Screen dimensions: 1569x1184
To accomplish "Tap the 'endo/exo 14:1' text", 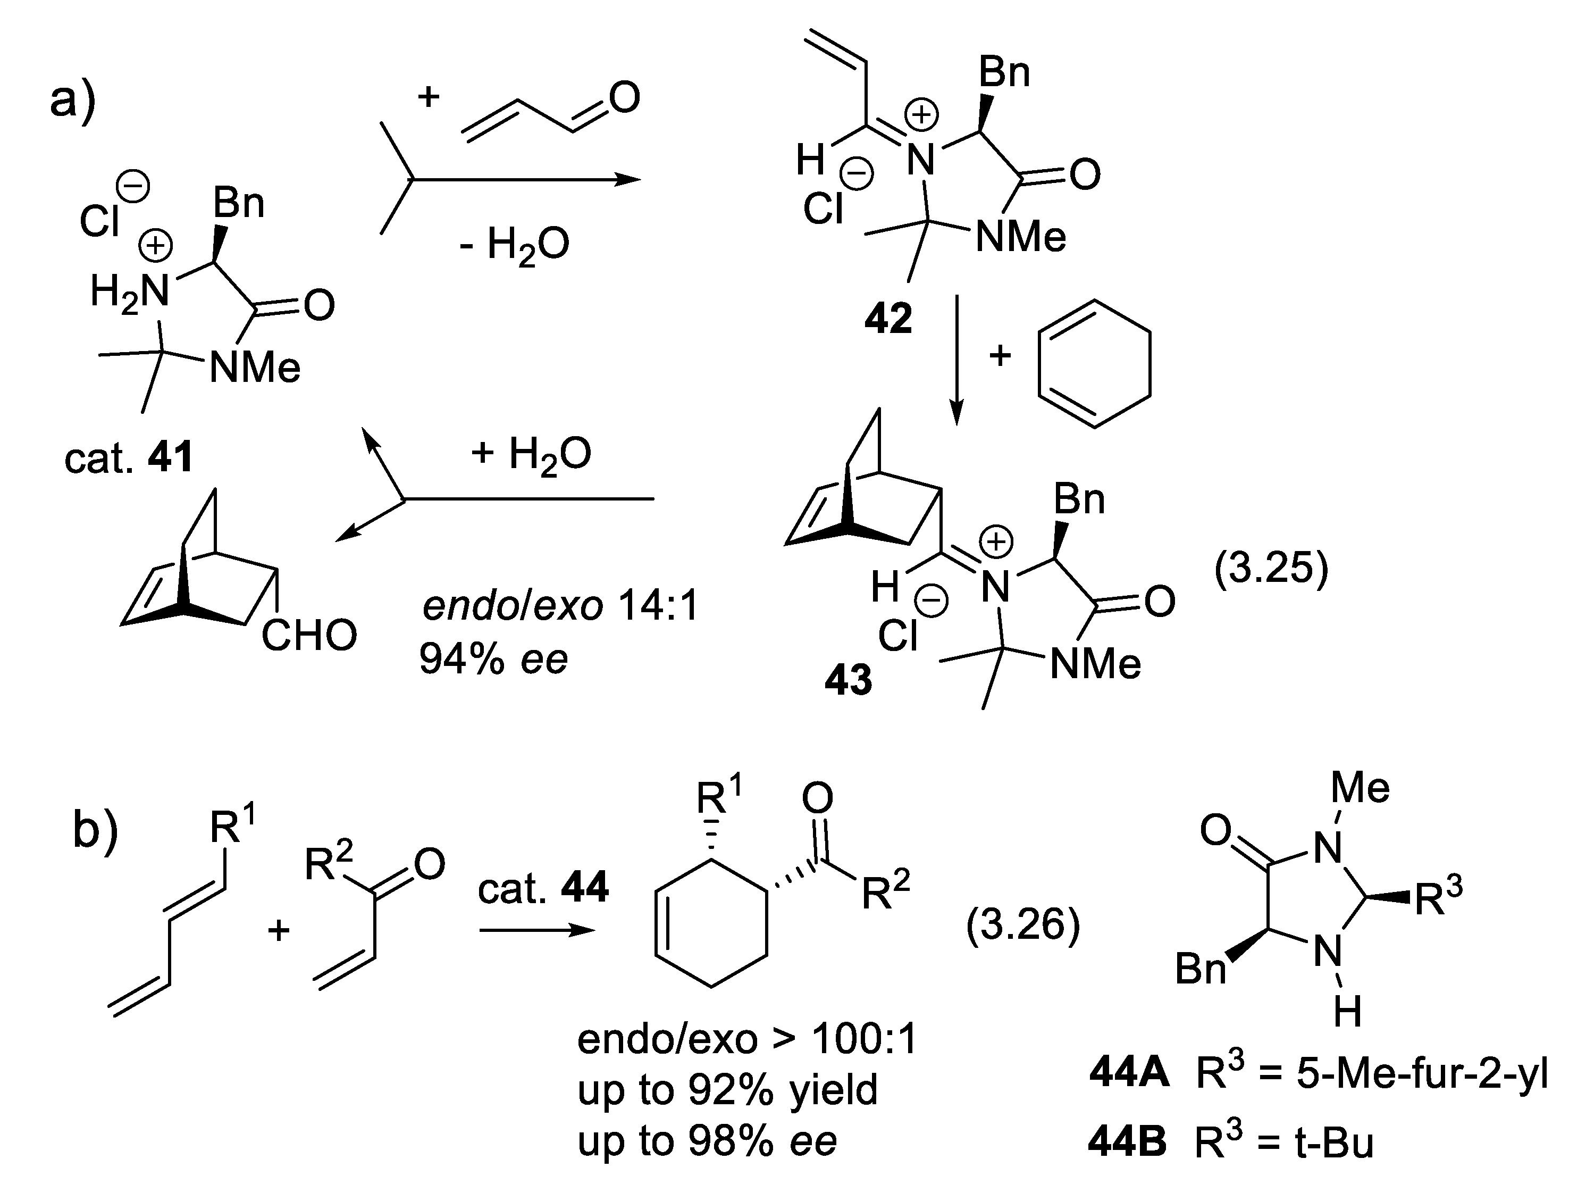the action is (x=560, y=606).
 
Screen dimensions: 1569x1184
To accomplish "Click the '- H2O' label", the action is (x=514, y=245).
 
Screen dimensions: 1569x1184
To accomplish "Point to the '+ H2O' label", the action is (x=531, y=454).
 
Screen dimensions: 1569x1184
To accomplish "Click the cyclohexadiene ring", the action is (x=1093, y=364).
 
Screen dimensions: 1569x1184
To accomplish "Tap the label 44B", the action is (x=1127, y=1143).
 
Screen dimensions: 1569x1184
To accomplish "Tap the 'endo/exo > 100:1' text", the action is (x=748, y=1039).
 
